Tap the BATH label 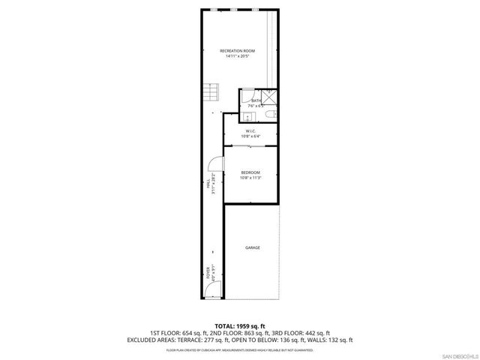coord(256,100)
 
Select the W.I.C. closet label coord(250,131)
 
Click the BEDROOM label coord(250,172)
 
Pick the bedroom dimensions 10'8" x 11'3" coord(250,178)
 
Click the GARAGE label coord(252,247)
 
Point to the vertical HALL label coord(208,184)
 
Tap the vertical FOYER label coord(208,271)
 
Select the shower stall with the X coord(267,97)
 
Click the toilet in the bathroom coord(273,114)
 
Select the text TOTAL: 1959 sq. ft coord(239,325)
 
